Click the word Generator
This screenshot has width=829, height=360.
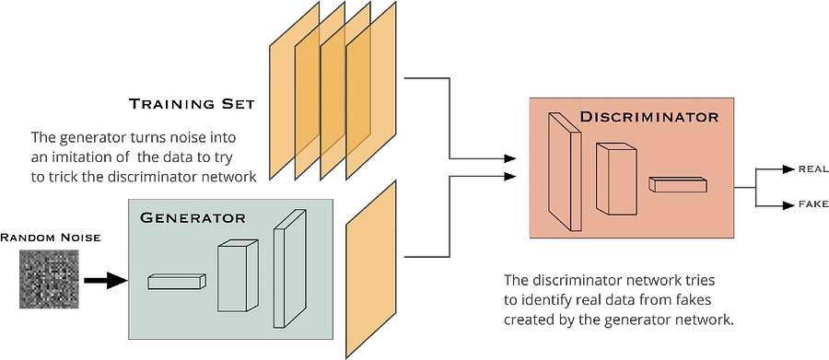(193, 218)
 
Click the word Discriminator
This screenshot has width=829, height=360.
(648, 117)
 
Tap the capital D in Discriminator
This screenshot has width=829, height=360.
(586, 117)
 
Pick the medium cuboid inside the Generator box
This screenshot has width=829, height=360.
(238, 276)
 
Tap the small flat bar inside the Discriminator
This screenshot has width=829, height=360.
(677, 184)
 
